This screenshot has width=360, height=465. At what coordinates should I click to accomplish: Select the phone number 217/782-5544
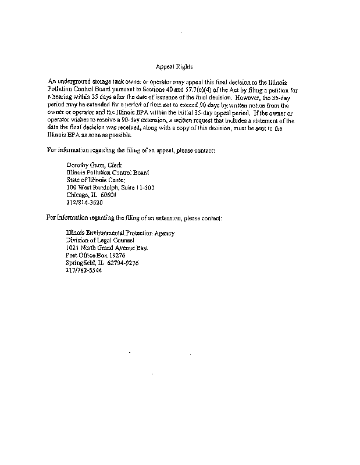[84, 278]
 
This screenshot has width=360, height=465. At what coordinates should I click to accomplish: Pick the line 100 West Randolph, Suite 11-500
[110, 188]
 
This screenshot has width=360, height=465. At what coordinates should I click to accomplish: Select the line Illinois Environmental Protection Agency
[120, 233]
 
